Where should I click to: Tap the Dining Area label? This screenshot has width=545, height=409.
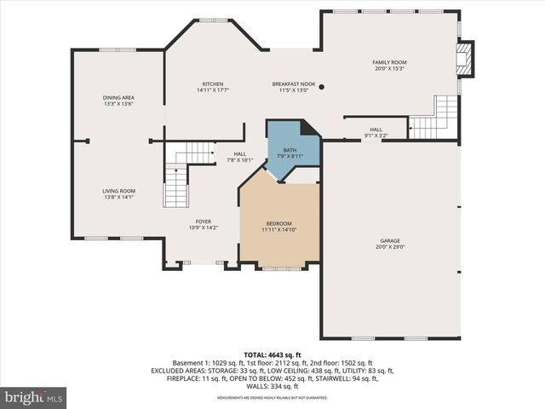point(119,98)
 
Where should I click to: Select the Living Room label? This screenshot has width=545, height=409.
point(119,191)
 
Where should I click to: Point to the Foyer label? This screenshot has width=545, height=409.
point(203,222)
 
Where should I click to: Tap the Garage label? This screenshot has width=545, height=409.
point(390,241)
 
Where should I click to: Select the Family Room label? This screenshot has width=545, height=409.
point(389,63)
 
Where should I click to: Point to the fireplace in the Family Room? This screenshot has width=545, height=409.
point(465,59)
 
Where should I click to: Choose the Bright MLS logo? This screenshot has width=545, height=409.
point(35,397)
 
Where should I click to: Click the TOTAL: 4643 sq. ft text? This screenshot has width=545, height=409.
point(272,354)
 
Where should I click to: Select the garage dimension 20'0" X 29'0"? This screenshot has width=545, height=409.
point(390,248)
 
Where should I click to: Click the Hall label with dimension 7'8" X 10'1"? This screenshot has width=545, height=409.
point(240,154)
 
